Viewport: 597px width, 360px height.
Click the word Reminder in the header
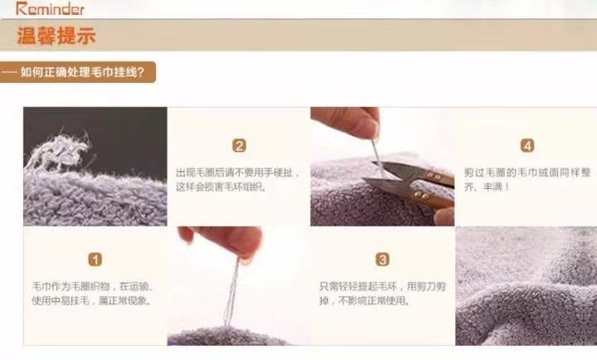50,8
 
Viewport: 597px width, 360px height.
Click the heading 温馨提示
56,36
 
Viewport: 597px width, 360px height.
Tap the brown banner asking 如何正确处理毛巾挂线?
78,72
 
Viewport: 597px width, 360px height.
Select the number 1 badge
95,260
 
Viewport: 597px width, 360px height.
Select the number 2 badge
239,145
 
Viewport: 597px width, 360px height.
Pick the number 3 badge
382,260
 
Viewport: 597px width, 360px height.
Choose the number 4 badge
527,145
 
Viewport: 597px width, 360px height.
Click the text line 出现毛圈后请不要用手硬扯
238,173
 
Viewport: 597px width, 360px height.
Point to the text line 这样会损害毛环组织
221,187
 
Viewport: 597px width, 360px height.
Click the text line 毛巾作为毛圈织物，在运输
93,286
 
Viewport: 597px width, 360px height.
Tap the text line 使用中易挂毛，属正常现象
91,300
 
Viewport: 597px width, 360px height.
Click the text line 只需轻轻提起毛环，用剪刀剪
382,286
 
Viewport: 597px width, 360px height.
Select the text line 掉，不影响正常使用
365,300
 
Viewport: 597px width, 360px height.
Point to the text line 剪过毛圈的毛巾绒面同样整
527,173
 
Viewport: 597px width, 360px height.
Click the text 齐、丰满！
487,187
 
